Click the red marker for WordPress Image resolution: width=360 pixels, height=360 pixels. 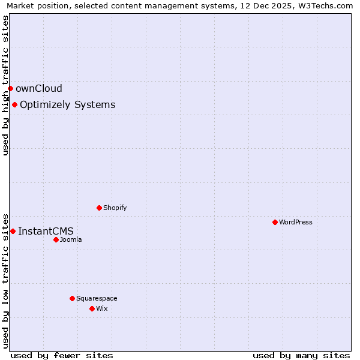point(275,222)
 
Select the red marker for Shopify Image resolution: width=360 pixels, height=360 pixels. point(99,208)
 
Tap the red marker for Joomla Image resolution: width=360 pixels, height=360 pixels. point(56,239)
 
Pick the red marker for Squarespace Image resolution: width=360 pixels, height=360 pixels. point(72,298)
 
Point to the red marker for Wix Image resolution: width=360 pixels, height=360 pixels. point(92,308)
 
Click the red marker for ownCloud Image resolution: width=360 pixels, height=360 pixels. point(10,89)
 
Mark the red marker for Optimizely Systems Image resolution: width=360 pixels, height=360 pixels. point(14,105)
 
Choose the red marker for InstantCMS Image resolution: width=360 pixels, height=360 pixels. point(13,231)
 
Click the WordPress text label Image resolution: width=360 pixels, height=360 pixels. point(296,222)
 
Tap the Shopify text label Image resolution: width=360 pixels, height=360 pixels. point(115,208)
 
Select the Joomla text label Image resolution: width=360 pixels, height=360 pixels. point(71,239)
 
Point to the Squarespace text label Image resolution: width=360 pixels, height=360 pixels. point(97,298)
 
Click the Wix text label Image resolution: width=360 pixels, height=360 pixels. point(102,308)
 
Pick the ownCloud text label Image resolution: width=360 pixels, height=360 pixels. point(39,89)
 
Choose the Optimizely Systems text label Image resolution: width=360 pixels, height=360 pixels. point(67,105)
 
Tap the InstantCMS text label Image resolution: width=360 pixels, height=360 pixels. point(46,231)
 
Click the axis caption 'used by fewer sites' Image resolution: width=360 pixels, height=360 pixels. point(62,355)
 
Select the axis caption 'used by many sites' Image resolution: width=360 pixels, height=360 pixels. point(301,355)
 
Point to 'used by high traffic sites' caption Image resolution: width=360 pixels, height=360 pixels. point(6,85)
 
